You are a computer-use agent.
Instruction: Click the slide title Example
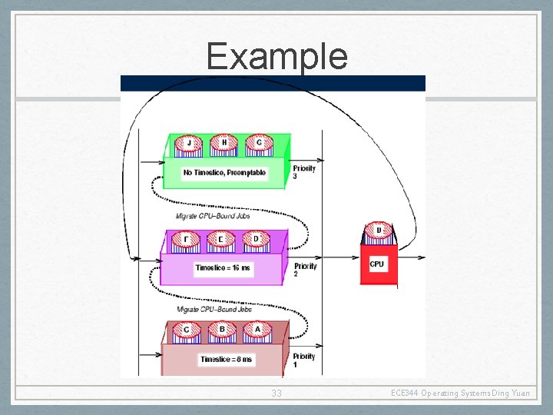click(276, 56)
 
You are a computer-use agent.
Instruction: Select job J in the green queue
click(189, 144)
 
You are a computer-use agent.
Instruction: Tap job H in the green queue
click(224, 144)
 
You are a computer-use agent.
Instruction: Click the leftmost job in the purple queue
click(186, 240)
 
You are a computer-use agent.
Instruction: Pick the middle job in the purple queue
click(221, 240)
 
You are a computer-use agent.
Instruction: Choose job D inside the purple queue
click(257, 240)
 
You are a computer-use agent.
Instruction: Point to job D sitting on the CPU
click(379, 231)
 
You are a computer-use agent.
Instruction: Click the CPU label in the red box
click(377, 264)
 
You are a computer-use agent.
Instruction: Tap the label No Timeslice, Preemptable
click(224, 173)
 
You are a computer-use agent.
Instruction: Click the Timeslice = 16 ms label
click(223, 268)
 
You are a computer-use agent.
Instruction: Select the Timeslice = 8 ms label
click(227, 359)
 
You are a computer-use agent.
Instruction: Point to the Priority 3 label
click(304, 172)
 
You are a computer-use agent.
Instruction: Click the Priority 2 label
click(305, 269)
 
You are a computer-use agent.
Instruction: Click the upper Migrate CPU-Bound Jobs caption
click(213, 217)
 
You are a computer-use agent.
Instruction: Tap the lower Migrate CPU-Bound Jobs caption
click(214, 309)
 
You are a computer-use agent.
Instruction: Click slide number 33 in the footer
click(276, 393)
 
